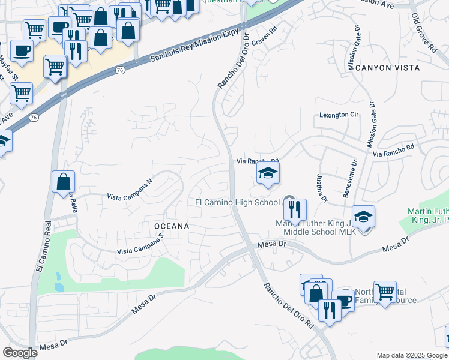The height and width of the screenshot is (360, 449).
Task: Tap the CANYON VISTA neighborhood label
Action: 387,68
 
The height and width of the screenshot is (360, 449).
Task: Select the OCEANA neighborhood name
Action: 172,226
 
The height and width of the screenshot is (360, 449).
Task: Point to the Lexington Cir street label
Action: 339,115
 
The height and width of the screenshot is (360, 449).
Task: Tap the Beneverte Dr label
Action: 354,178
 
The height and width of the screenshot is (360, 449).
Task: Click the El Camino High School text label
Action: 238,202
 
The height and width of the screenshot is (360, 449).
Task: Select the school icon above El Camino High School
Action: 268,175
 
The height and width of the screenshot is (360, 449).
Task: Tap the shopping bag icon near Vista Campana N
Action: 63,182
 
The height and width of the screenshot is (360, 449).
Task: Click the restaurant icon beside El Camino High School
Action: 294,210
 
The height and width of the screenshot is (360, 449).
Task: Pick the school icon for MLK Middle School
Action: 363,217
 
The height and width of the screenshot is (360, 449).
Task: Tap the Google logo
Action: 20,353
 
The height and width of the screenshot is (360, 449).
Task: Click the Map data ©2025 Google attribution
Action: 412,355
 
